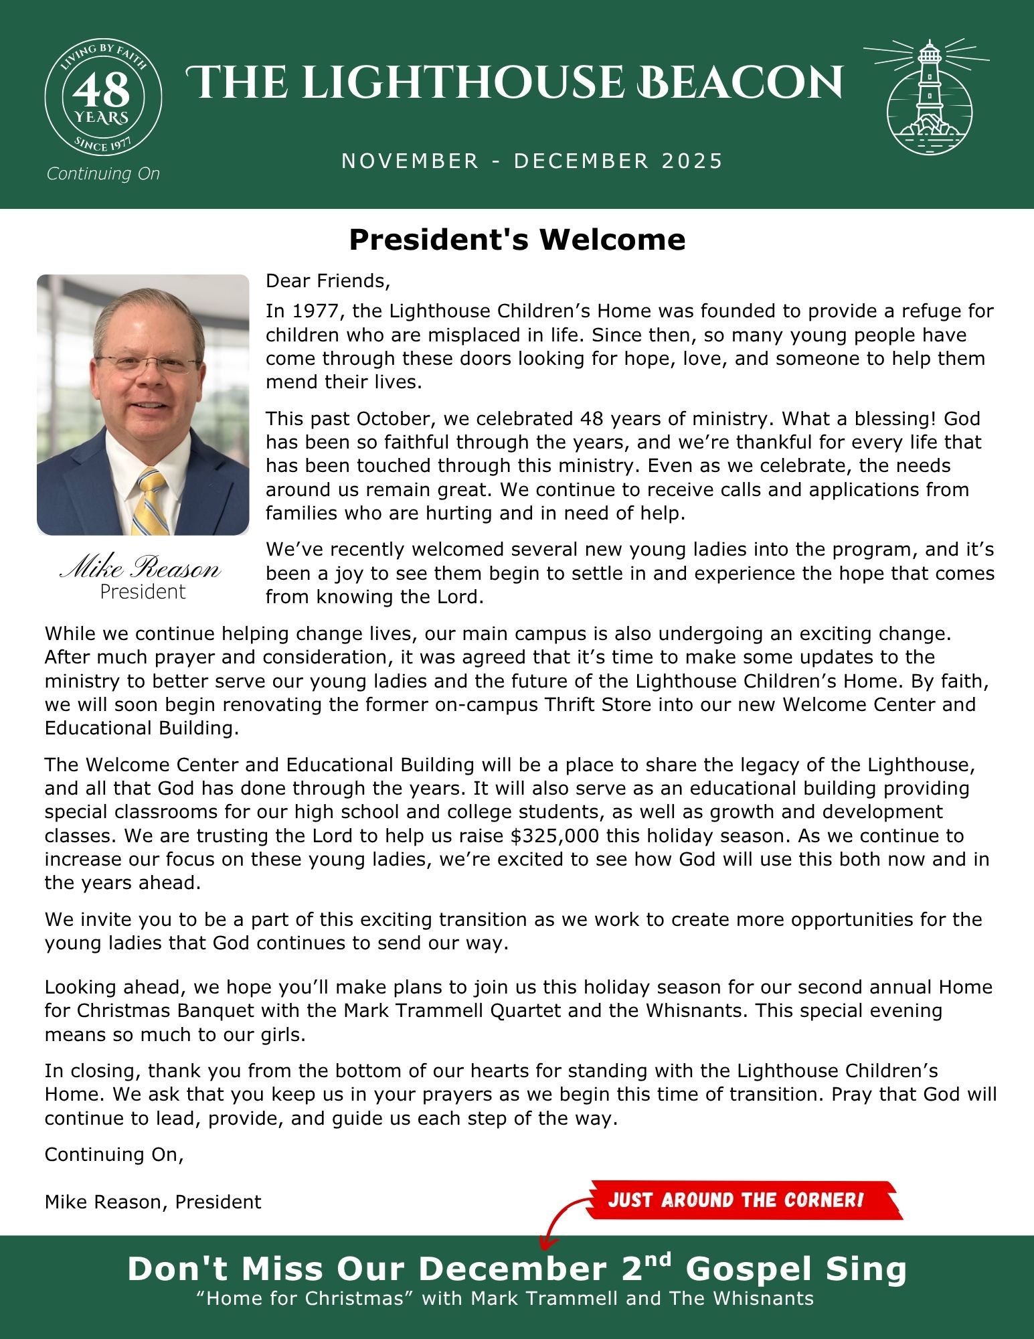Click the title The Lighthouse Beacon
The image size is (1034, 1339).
pyautogui.click(x=513, y=82)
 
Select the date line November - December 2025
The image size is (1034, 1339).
pyautogui.click(x=532, y=161)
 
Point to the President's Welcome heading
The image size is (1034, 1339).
pyautogui.click(x=517, y=240)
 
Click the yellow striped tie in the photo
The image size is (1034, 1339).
pyautogui.click(x=151, y=502)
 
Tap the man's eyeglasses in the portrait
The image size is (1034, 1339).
pyautogui.click(x=147, y=365)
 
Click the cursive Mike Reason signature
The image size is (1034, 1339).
pyautogui.click(x=141, y=569)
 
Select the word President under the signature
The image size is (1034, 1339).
pyautogui.click(x=143, y=592)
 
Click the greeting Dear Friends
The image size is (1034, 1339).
pyautogui.click(x=327, y=281)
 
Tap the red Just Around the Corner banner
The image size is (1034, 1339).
pyautogui.click(x=743, y=1200)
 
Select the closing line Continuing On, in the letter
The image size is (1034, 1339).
pyautogui.click(x=114, y=1154)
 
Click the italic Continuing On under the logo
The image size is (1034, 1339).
pyautogui.click(x=103, y=174)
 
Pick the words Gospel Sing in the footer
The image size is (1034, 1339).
pyautogui.click(x=796, y=1269)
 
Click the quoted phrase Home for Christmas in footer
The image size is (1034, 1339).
pyautogui.click(x=306, y=1299)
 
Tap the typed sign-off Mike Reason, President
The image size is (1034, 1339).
pyautogui.click(x=153, y=1202)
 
